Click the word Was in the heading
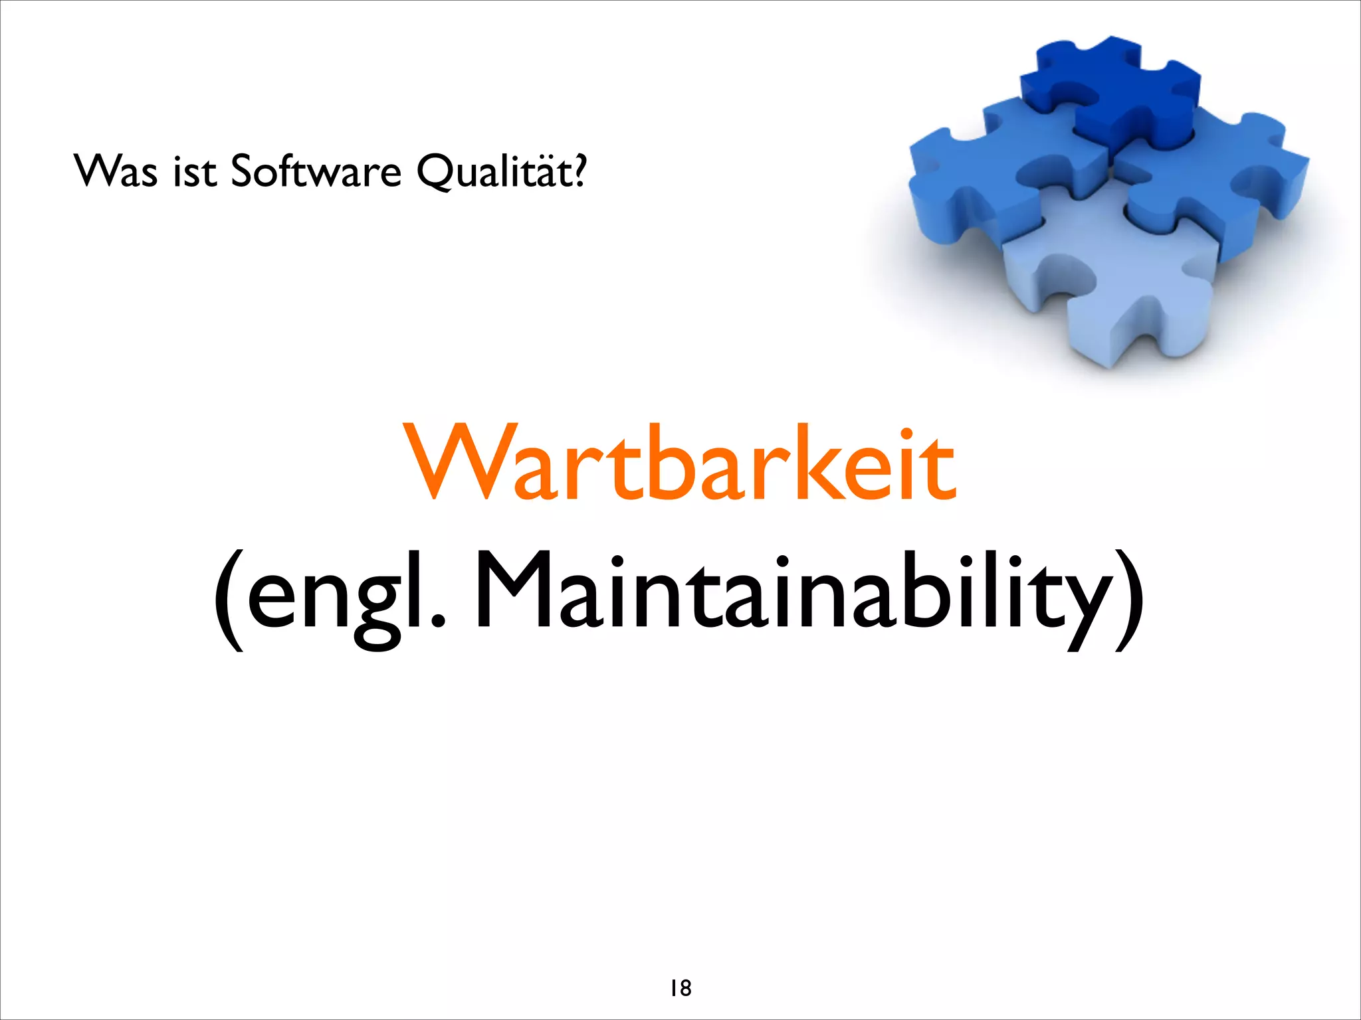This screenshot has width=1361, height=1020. point(116,171)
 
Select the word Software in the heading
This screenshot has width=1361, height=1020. point(316,171)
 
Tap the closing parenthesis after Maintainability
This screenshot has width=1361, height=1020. point(1130,598)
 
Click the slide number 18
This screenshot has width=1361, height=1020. point(680,988)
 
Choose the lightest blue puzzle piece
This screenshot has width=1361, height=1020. point(1116,286)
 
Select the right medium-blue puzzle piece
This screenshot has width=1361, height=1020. point(1216,179)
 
